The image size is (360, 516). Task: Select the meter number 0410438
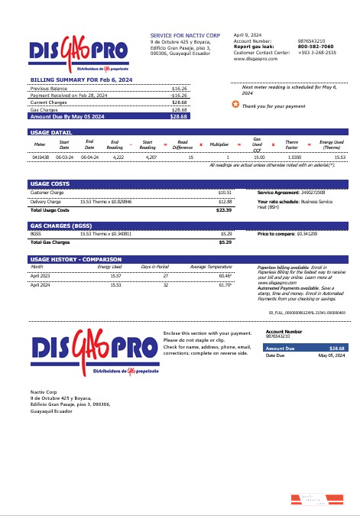pos(41,157)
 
